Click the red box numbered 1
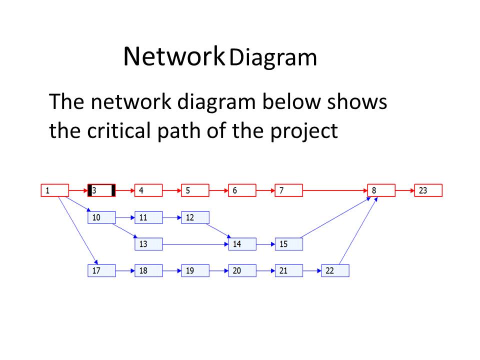[54, 190]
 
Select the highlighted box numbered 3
[101, 190]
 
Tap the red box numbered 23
[428, 190]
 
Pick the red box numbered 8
[381, 190]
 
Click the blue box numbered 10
[101, 217]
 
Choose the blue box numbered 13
[148, 244]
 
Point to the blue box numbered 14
[242, 244]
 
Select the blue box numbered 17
[101, 271]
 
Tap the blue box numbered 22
[335, 271]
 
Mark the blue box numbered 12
[195, 217]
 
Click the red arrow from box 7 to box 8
[335, 190]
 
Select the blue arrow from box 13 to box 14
[195, 244]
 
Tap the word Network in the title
[173, 56]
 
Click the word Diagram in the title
[273, 58]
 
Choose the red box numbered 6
[242, 190]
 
